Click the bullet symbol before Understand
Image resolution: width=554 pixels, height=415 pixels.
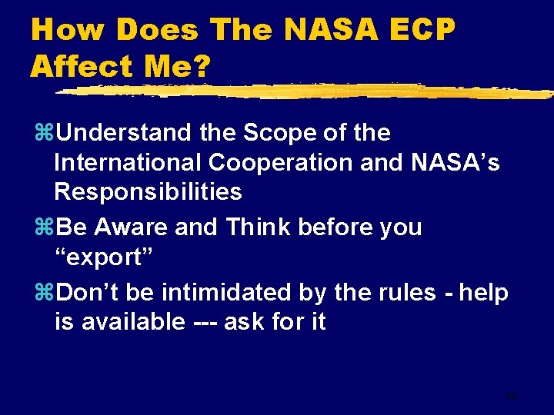[x=43, y=134]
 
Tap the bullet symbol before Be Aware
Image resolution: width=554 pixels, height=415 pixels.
[x=43, y=228]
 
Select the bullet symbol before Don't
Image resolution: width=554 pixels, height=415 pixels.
[x=43, y=293]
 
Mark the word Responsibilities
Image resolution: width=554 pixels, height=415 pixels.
[x=148, y=191]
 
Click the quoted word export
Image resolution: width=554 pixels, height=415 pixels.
[x=104, y=257]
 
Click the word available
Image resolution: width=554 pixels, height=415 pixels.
[x=134, y=322]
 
